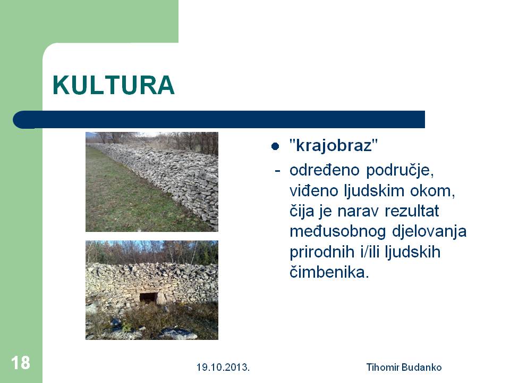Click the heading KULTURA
[114, 85]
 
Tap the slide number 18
[21, 362]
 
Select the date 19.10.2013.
[223, 368]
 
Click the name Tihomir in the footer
[382, 368]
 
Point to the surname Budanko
[421, 368]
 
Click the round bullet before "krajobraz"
[275, 146]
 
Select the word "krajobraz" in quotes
[334, 145]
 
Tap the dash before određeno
[277, 170]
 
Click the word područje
[400, 171]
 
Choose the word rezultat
[412, 211]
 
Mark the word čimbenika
[329, 272]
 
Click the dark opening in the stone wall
[148, 298]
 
